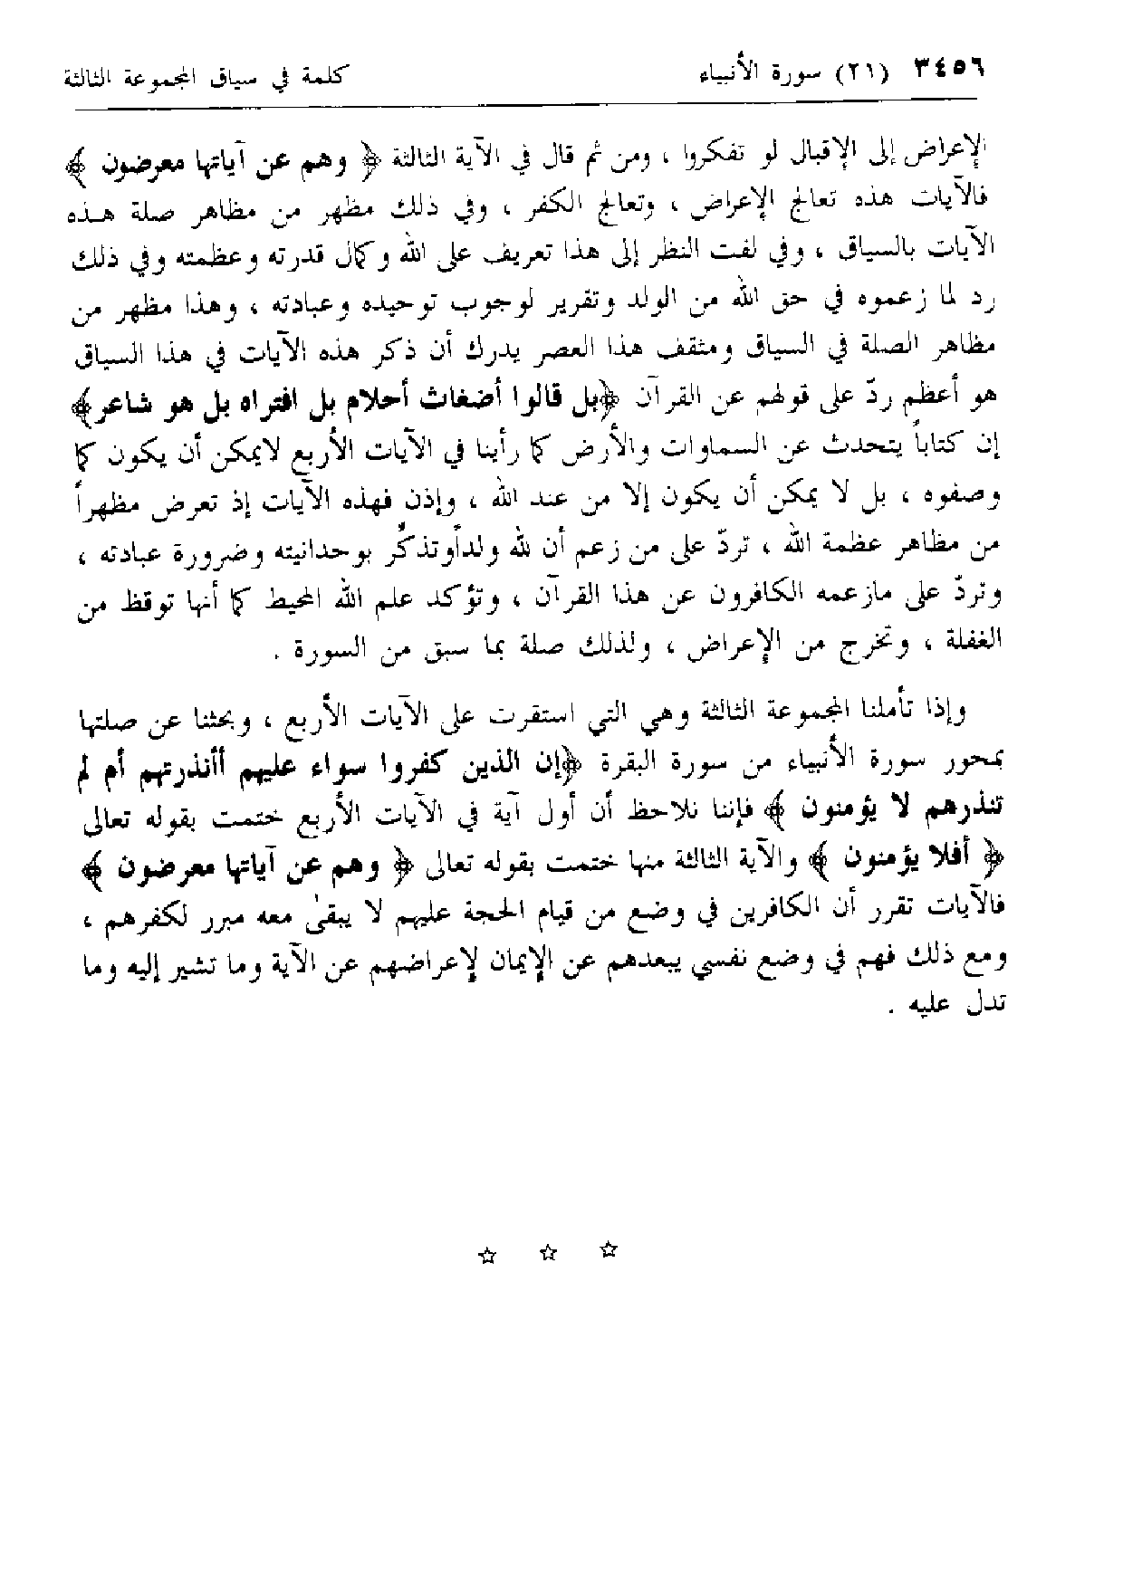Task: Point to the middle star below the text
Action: [546, 1253]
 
